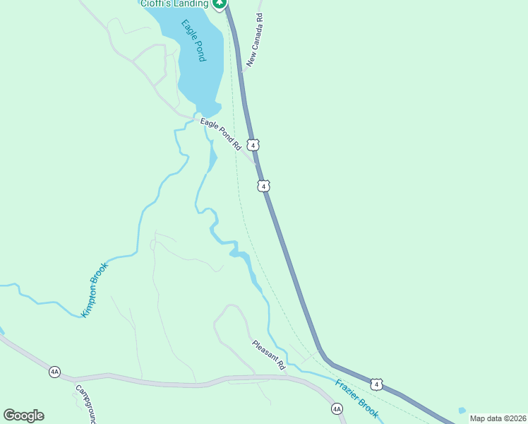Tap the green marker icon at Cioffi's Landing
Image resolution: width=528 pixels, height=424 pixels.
tap(220, 4)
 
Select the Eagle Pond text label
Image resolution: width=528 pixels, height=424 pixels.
tap(193, 41)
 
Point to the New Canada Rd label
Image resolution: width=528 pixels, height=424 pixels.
tap(254, 41)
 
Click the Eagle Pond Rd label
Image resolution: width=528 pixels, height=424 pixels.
tap(220, 134)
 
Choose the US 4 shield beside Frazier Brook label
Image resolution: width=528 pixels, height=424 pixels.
tap(378, 384)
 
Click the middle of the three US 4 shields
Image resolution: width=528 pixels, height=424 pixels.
tap(263, 186)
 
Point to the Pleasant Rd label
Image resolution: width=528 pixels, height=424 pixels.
tap(268, 355)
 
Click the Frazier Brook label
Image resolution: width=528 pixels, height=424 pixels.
tap(357, 398)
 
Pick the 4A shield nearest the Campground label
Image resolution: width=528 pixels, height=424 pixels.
tap(54, 372)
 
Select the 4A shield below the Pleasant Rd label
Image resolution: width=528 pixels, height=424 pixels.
tap(337, 408)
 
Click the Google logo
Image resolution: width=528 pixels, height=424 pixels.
tap(23, 416)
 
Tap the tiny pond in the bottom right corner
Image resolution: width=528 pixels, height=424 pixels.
tap(462, 411)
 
